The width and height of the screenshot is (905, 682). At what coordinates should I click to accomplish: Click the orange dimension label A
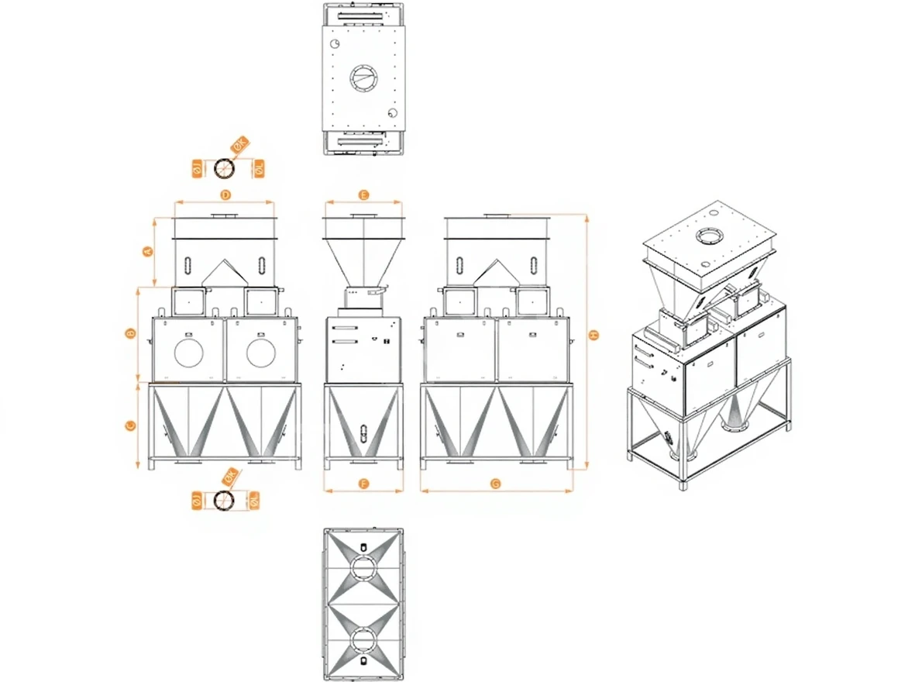pos(146,250)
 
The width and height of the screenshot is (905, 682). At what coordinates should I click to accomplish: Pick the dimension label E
pos(363,195)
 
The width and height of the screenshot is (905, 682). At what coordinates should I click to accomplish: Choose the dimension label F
pos(363,484)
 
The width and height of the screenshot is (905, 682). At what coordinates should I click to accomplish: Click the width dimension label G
pos(496,484)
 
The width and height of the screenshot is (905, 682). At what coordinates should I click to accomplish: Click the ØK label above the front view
pos(239,144)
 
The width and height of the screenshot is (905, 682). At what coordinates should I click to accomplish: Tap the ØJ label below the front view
pos(197,501)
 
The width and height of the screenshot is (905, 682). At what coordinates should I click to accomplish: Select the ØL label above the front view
pos(259,167)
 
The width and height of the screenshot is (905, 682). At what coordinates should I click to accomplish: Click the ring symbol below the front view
pos(225,500)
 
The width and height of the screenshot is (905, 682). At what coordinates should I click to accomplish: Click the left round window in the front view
pos(189,353)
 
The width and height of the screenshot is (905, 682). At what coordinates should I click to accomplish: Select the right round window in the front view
pos(262,353)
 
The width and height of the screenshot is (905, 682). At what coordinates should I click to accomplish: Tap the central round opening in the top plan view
pos(363,77)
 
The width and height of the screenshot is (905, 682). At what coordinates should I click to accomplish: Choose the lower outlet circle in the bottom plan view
pos(363,640)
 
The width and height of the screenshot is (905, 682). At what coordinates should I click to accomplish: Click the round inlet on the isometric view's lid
pos(708,236)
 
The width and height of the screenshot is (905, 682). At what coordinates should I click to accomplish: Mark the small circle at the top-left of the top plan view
pos(335,44)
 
